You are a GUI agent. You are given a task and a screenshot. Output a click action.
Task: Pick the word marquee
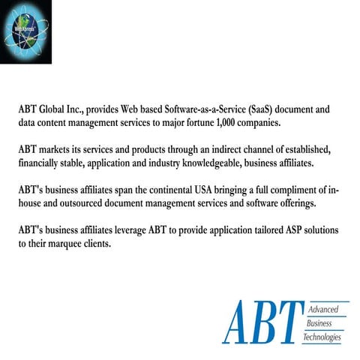pyautogui.click(x=61, y=242)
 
